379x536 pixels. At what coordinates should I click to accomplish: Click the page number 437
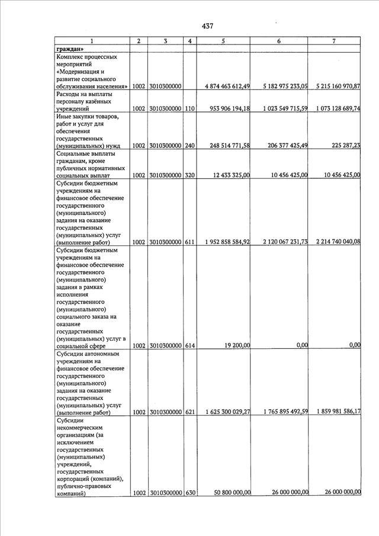click(x=207, y=26)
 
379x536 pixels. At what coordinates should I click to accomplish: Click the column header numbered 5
click(x=223, y=41)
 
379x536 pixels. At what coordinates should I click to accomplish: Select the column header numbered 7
click(x=334, y=41)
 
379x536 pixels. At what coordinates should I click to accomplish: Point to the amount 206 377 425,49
click(x=280, y=146)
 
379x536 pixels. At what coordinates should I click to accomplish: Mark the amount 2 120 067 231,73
click(x=280, y=242)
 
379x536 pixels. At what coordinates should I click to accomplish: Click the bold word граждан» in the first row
click(x=69, y=49)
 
